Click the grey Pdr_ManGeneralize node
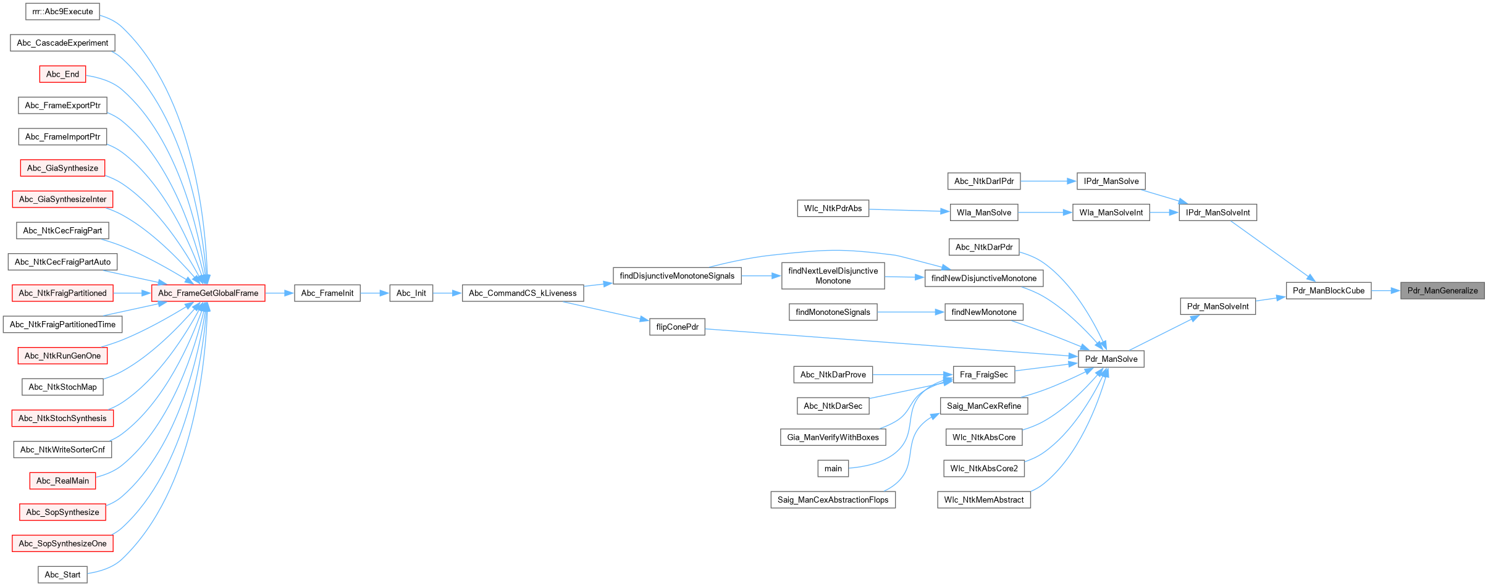(1442, 291)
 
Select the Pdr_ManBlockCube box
(1328, 291)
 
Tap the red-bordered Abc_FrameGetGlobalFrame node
(208, 293)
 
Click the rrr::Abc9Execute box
(62, 12)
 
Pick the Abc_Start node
(62, 575)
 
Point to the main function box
(833, 469)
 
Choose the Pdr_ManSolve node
(1111, 359)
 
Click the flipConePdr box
(677, 327)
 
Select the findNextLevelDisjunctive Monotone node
(833, 276)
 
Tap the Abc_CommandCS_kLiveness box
(523, 293)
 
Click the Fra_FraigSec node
(983, 375)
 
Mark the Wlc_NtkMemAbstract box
(983, 500)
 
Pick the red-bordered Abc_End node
(62, 75)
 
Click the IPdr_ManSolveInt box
(1217, 213)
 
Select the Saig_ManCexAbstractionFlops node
(833, 500)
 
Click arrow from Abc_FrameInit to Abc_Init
(375, 293)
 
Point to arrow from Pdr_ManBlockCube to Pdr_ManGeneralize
(1385, 291)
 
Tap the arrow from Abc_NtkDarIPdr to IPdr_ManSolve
(1048, 182)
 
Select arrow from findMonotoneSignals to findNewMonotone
(910, 312)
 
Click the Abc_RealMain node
(62, 481)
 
